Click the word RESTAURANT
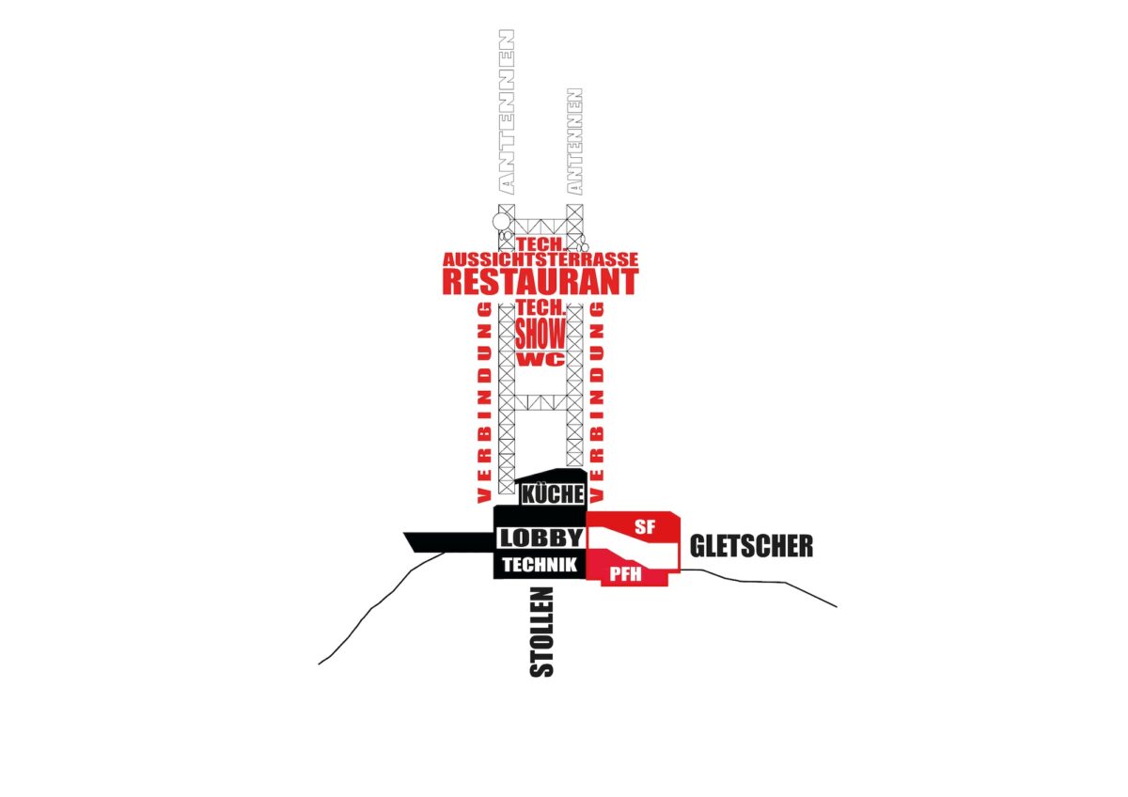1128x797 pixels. [540, 281]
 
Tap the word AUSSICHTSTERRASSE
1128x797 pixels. [540, 259]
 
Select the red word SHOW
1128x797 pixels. [540, 334]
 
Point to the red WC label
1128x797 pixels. [540, 359]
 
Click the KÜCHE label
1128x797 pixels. [553, 494]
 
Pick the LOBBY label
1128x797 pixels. [540, 539]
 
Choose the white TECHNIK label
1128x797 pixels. [540, 565]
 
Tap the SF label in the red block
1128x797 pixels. [645, 526]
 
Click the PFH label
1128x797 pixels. [625, 574]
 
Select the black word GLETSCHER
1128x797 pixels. [751, 546]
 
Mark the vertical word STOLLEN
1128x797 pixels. [541, 632]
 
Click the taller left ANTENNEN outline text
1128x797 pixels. [507, 112]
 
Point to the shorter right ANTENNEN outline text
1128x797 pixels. [575, 142]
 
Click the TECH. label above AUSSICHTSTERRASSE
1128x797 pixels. [540, 244]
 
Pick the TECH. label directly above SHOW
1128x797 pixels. [540, 307]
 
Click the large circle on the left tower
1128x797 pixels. [501, 221]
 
